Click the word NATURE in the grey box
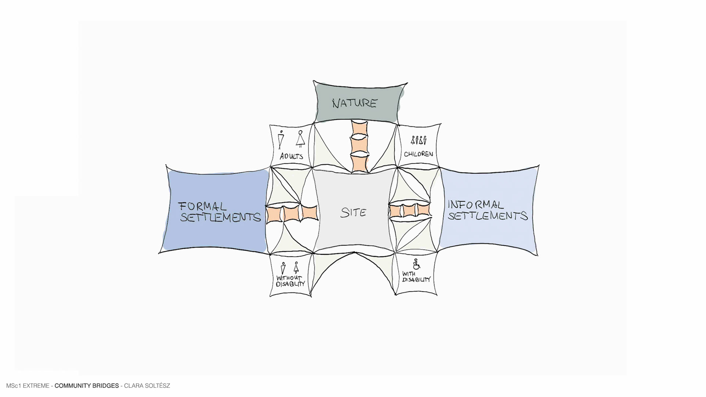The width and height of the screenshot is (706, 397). point(354,103)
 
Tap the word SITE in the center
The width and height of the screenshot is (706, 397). point(353,212)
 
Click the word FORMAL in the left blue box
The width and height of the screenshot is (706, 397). point(202,206)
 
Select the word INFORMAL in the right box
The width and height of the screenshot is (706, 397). point(475,204)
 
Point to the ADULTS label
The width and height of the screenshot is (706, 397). point(291,156)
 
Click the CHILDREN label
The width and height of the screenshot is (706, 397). point(418,154)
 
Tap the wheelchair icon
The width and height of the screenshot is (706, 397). point(417,264)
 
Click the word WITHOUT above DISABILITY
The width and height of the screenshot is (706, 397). point(289,278)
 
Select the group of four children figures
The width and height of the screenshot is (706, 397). point(418,140)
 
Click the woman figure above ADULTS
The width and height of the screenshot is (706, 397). point(300,139)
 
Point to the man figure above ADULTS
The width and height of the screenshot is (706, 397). point(281,140)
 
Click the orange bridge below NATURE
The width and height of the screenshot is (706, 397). point(360,146)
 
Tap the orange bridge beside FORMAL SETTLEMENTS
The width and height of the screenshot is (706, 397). point(291,213)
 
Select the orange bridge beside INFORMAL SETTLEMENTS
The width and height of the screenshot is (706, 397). point(410,211)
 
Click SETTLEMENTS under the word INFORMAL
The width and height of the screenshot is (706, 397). point(488,216)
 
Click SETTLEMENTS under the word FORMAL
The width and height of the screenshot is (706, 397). point(220,217)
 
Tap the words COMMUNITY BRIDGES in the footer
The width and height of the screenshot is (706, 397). point(87,386)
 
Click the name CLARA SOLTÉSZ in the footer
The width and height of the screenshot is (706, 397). point(147,386)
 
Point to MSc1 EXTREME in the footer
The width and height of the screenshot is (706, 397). point(28,386)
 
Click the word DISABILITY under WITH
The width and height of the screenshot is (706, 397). point(416,280)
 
